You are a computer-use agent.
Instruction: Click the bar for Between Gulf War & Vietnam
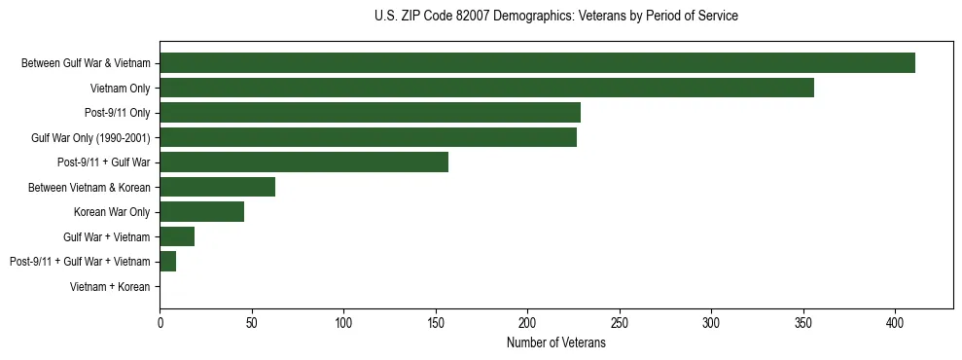(537, 63)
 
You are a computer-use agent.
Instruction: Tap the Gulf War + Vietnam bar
(177, 236)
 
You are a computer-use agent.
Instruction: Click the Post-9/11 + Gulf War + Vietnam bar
(167, 262)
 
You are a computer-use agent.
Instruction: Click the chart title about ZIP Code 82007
(555, 17)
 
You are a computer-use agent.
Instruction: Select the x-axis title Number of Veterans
(555, 343)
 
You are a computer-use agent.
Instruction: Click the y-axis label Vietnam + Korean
(110, 287)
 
